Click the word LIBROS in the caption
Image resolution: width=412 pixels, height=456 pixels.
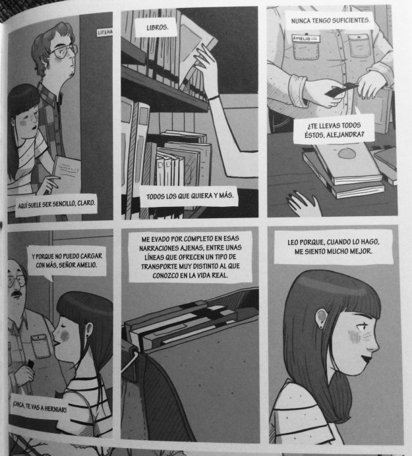coord(157,28)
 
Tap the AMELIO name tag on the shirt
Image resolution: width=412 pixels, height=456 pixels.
coord(306,38)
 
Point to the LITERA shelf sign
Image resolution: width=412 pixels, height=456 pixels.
coord(105,32)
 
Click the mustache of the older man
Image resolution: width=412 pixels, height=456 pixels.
coord(16,295)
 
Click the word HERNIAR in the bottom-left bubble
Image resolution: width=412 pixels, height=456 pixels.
coord(55,409)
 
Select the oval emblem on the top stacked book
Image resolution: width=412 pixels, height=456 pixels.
coord(347,154)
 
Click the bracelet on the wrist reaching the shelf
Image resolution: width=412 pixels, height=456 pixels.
coord(214,98)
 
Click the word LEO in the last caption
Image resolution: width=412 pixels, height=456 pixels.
coord(293,242)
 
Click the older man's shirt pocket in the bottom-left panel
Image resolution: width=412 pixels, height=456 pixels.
coord(40,346)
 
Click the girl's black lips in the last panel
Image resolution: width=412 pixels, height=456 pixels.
coord(366,359)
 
